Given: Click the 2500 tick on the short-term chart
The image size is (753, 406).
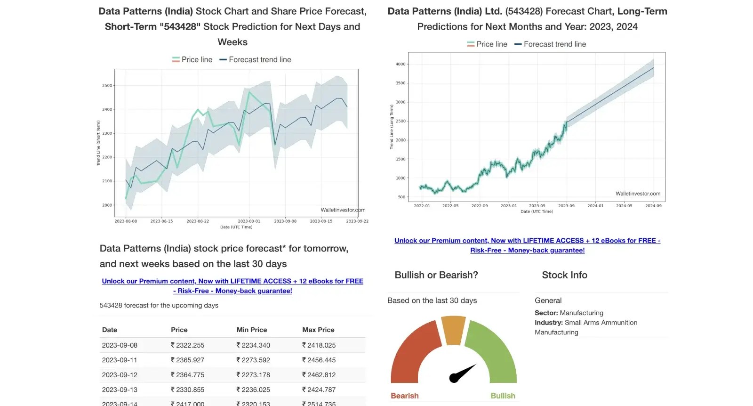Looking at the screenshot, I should (107, 86).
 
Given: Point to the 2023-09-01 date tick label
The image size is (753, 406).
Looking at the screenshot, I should (249, 221).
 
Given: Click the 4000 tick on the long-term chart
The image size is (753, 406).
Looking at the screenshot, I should (401, 64).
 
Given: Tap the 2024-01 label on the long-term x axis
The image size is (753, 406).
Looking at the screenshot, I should (595, 206).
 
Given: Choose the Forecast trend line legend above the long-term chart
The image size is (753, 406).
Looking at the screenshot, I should (550, 44).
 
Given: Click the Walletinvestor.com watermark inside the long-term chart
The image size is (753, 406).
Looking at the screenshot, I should (638, 194).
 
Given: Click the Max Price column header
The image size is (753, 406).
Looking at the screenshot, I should (318, 330).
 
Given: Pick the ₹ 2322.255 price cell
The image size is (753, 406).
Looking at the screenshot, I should (187, 345).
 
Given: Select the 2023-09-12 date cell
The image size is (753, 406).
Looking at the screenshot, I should (120, 375).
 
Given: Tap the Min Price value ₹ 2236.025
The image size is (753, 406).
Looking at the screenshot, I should (253, 390).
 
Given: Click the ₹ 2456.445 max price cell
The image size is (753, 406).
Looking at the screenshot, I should (319, 360).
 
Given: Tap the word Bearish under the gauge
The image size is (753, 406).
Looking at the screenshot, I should (404, 396).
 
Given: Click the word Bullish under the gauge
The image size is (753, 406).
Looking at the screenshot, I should (503, 396).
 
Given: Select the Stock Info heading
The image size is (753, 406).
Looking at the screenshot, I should (564, 275).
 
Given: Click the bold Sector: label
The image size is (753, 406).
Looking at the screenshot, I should (546, 313).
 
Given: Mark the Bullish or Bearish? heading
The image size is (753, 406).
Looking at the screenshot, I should (436, 275).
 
